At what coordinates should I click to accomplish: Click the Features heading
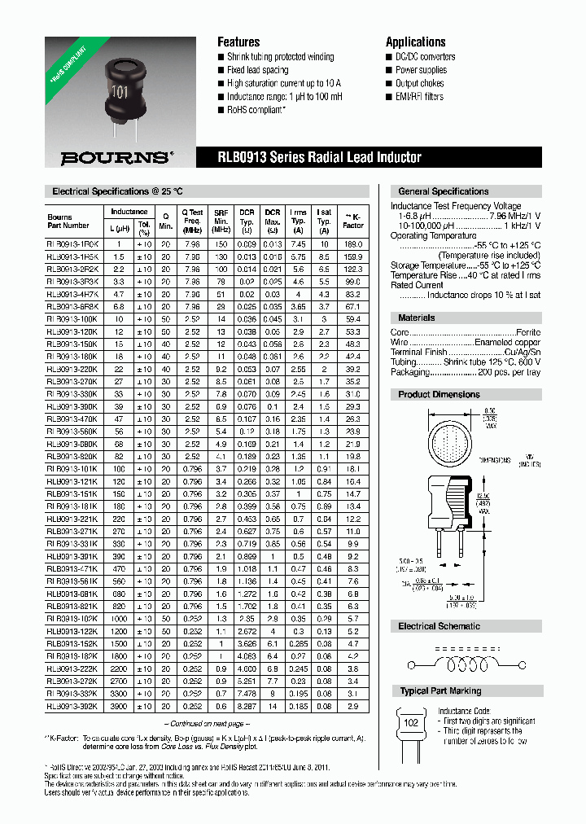(x=238, y=42)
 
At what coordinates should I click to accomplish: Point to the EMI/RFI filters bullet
(x=419, y=97)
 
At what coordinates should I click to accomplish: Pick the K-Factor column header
(x=353, y=221)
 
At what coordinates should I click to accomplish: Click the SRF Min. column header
(x=221, y=221)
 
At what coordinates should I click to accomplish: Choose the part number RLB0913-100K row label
(x=73, y=320)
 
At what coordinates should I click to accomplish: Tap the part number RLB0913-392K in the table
(x=73, y=707)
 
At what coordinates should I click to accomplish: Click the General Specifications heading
(x=444, y=191)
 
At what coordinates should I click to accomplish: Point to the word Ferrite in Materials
(x=527, y=332)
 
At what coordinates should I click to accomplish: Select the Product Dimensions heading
(x=439, y=395)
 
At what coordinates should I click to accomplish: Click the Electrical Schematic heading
(x=439, y=626)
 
